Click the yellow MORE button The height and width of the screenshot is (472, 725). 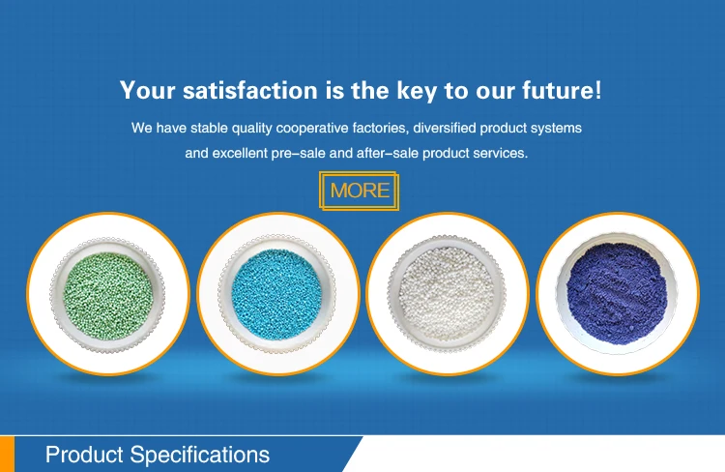[x=359, y=191]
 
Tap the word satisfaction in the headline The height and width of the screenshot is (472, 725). [x=250, y=90]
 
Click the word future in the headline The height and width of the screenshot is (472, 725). [x=558, y=90]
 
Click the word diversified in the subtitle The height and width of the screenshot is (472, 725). [x=445, y=128]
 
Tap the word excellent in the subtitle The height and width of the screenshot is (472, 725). [x=240, y=153]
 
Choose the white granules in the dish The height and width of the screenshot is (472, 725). [x=447, y=293]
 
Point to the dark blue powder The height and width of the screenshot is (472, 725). [x=617, y=293]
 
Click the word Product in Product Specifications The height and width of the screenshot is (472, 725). [x=85, y=455]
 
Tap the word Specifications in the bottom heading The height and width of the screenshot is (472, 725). [x=200, y=456]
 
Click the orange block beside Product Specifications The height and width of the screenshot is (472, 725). [x=7, y=454]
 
